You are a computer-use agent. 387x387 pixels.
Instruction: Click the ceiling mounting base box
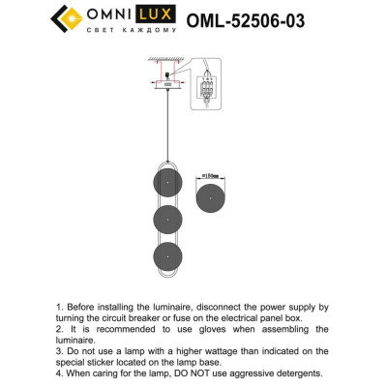(167, 84)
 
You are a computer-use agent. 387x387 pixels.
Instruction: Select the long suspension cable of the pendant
(167, 126)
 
